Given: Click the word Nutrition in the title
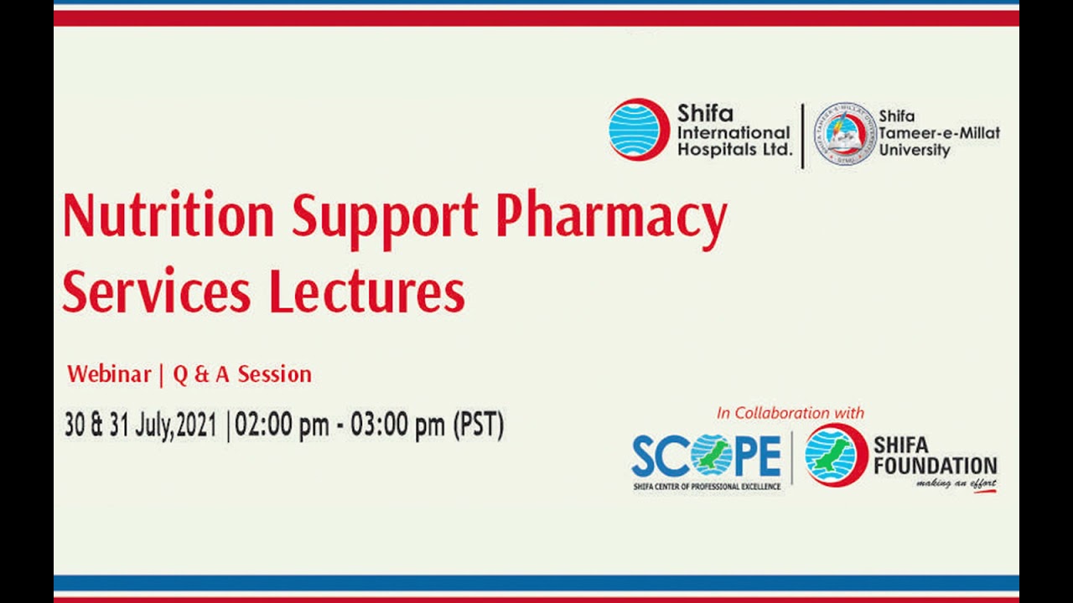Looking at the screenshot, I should pyautogui.click(x=168, y=216).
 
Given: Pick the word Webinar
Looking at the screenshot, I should pyautogui.click(x=109, y=374).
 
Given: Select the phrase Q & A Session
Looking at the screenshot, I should pyautogui.click(x=242, y=374).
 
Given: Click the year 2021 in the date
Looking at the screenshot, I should pyautogui.click(x=196, y=425).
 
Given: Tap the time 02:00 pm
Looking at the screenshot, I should pyautogui.click(x=282, y=425).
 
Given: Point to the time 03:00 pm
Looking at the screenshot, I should pyautogui.click(x=397, y=425).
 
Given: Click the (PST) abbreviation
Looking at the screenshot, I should pyautogui.click(x=479, y=425).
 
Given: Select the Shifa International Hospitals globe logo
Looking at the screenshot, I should pyautogui.click(x=639, y=130).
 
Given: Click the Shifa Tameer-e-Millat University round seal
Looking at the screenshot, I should pyautogui.click(x=845, y=134).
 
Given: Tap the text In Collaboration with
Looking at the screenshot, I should pyautogui.click(x=790, y=413).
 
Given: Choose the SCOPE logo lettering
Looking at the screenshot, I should pyautogui.click(x=706, y=456).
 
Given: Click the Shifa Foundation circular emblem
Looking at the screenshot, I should pyautogui.click(x=835, y=456).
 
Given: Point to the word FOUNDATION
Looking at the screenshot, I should pyautogui.click(x=935, y=465).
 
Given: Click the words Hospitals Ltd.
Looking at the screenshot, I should pyautogui.click(x=734, y=150).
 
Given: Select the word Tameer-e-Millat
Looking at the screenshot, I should pyautogui.click(x=939, y=133).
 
